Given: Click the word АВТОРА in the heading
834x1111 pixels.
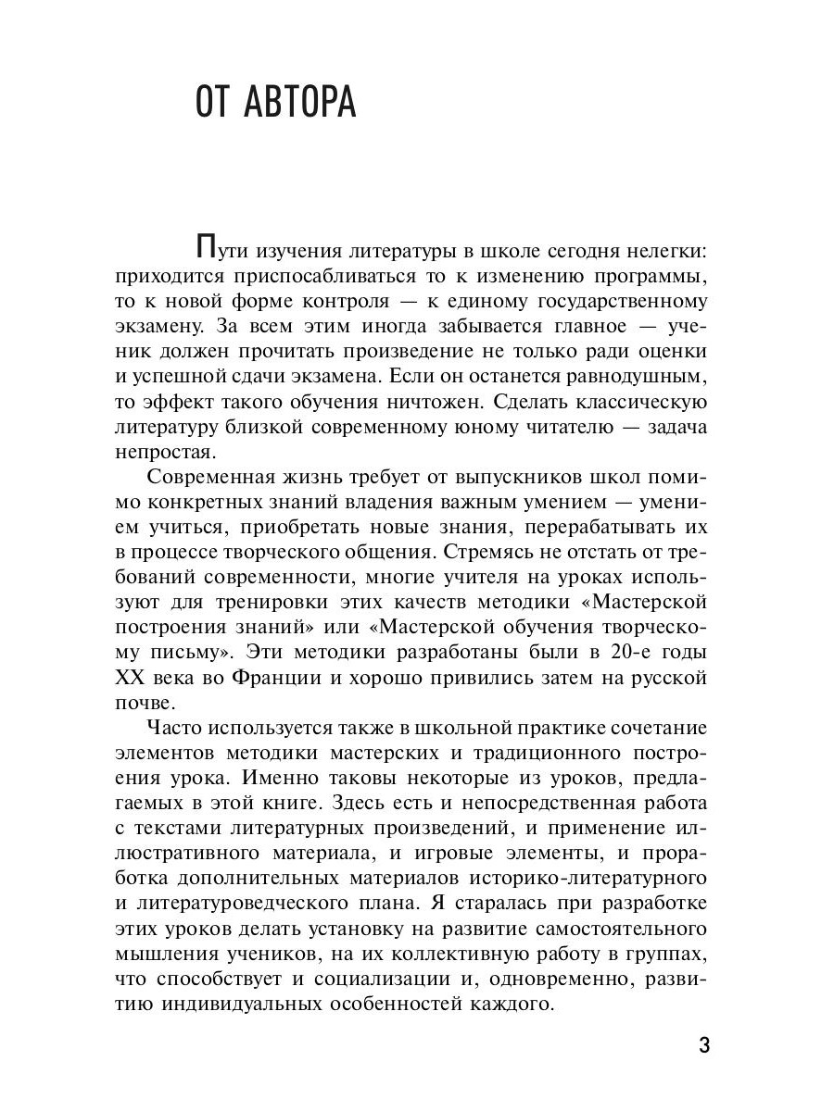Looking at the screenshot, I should (x=300, y=103).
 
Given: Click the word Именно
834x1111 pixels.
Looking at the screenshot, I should (x=307, y=779).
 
